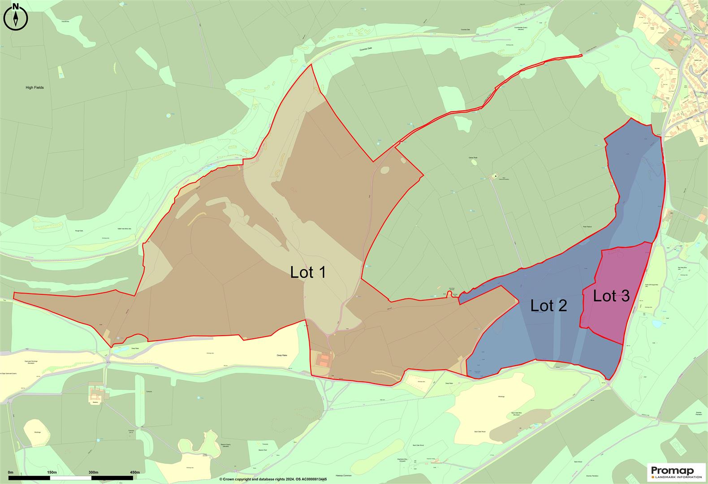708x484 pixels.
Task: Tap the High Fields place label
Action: pyautogui.click(x=35, y=88)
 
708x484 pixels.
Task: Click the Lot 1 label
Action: pyautogui.click(x=308, y=272)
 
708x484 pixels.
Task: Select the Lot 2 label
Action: pyautogui.click(x=548, y=306)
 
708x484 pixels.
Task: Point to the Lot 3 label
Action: pyautogui.click(x=611, y=296)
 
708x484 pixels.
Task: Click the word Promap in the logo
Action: pyautogui.click(x=672, y=470)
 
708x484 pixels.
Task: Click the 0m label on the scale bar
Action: pyautogui.click(x=10, y=472)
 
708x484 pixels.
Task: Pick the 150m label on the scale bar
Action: pyautogui.click(x=52, y=472)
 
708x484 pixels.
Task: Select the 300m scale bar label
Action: pyautogui.click(x=93, y=472)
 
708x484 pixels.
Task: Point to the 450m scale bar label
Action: pyautogui.click(x=134, y=472)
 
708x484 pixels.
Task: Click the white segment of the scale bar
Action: pyautogui.click(x=70, y=478)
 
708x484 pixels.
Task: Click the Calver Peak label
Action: pyautogui.click(x=473, y=157)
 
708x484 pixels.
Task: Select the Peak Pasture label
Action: pyautogui.click(x=588, y=227)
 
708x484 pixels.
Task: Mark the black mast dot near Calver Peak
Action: pyautogui.click(x=496, y=176)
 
